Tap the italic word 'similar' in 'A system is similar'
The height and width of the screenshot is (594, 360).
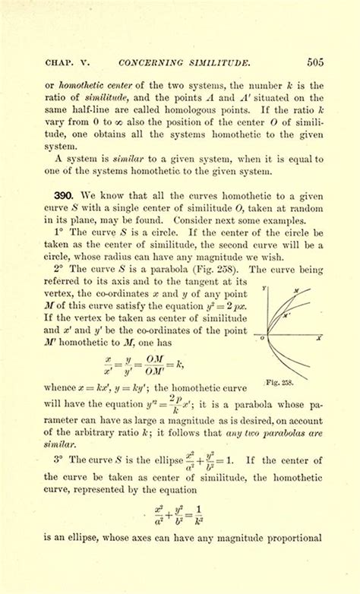126,161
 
